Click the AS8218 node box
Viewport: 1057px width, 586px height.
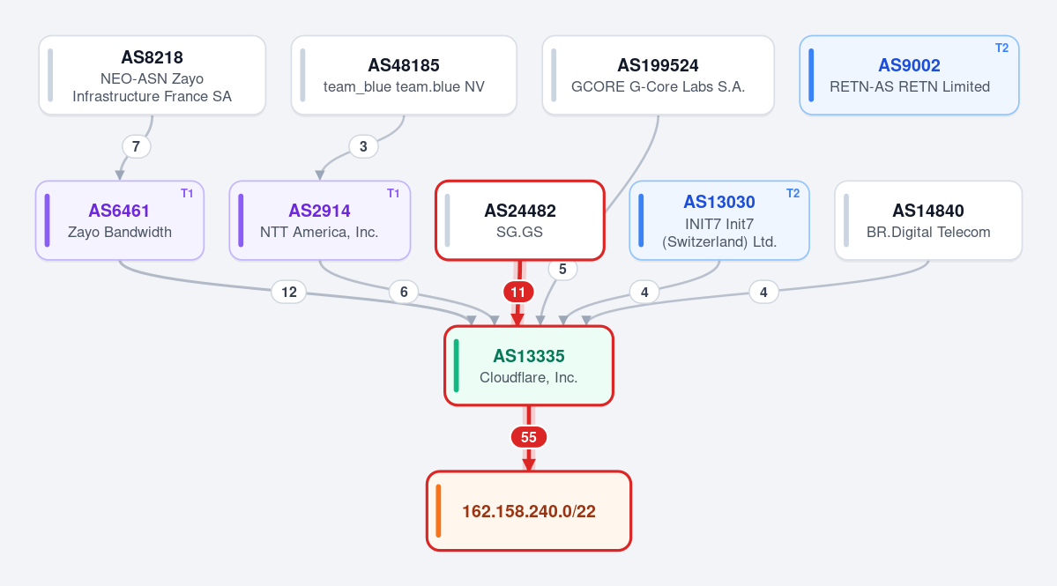click(153, 76)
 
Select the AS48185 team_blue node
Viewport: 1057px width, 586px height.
click(404, 76)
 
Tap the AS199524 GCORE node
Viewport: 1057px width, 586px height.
click(658, 76)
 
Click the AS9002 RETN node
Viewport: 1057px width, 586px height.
click(910, 76)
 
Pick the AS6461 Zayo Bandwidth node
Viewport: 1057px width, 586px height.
click(120, 220)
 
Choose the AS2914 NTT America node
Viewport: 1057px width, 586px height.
click(319, 220)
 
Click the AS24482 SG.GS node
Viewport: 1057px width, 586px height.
click(520, 220)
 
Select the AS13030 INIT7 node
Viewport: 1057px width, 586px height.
click(719, 220)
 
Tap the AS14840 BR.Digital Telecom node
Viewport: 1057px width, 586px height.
click(928, 220)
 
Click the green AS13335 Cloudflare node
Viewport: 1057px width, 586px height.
click(529, 366)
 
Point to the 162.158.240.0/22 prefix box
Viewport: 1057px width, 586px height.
click(529, 511)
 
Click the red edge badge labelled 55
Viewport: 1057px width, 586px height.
click(529, 437)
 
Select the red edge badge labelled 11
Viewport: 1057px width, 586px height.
click(517, 292)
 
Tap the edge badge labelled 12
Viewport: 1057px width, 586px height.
click(288, 292)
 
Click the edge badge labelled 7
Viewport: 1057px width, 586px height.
click(136, 146)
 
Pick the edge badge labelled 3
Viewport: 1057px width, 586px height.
click(363, 146)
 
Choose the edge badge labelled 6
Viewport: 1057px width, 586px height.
click(404, 292)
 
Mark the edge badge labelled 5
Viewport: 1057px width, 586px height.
click(562, 269)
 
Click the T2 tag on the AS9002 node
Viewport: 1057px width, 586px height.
click(1001, 48)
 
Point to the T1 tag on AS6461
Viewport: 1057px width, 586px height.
click(187, 193)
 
